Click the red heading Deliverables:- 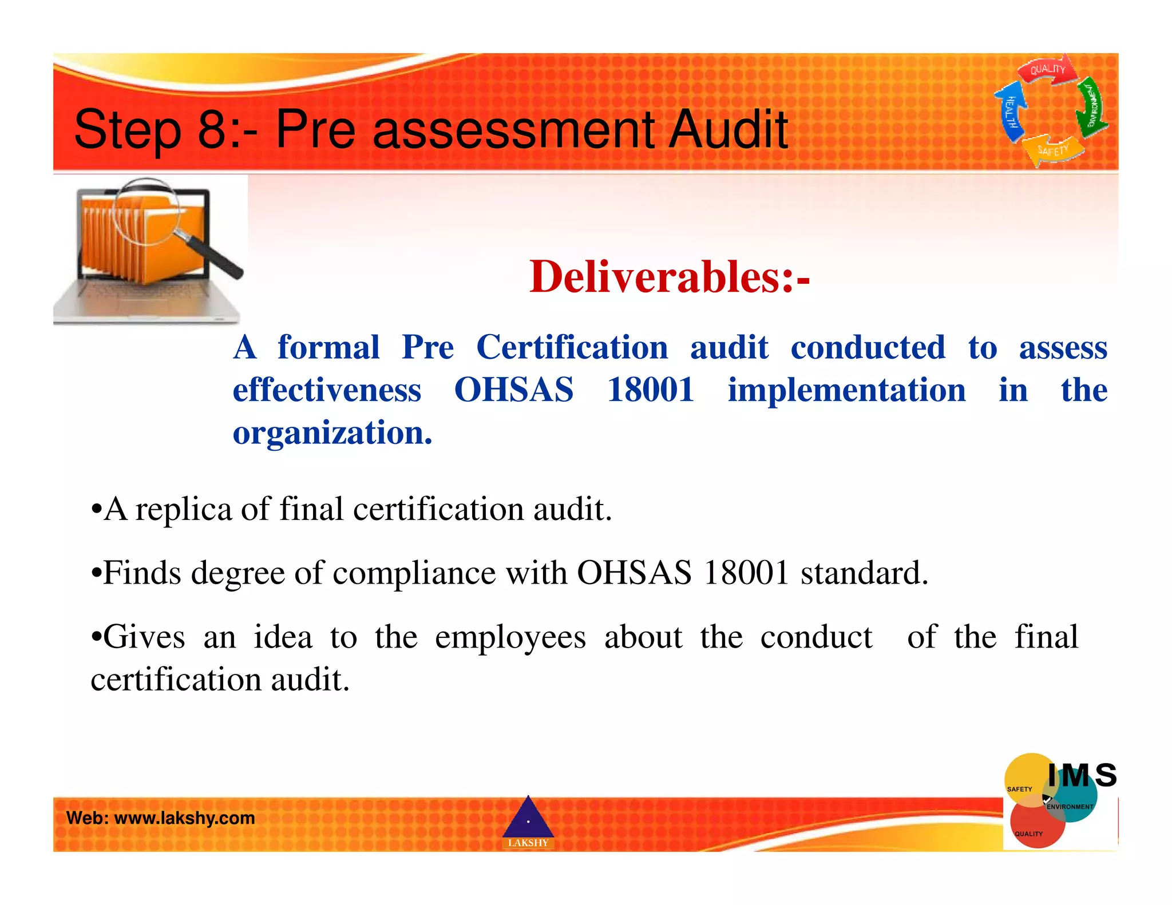tap(669, 277)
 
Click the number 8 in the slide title tap(212, 129)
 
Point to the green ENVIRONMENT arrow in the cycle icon tap(1092, 106)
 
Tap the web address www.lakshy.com tap(184, 817)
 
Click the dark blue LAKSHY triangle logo tap(528, 819)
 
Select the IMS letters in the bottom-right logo tap(1082, 776)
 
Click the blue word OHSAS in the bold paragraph tap(513, 390)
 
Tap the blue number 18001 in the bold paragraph tap(650, 390)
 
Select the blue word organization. tap(332, 432)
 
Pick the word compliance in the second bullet tap(414, 573)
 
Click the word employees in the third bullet tap(510, 637)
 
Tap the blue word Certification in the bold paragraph tap(572, 347)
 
